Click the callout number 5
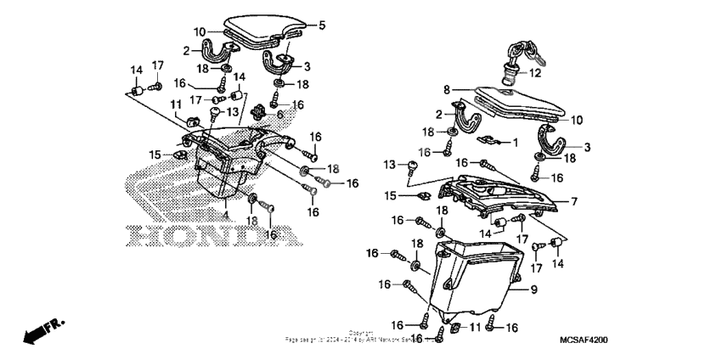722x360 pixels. pos(321,25)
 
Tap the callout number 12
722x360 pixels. pos(535,73)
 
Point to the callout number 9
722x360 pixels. pos(534,290)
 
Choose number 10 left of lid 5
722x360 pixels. pos(200,32)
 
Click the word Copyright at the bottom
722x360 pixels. pos(360,333)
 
